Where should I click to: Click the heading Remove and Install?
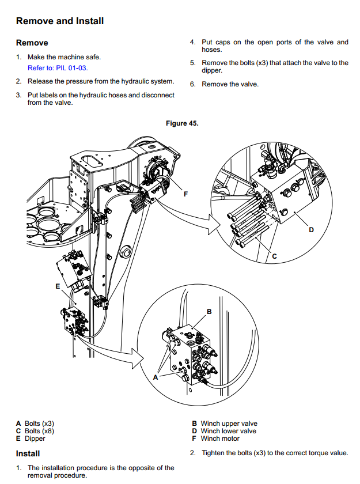pos(60,21)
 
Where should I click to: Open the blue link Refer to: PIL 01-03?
pos(58,68)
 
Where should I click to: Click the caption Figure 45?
pos(182,123)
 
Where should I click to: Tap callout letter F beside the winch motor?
pos(185,194)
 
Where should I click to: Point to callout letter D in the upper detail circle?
pos(311,230)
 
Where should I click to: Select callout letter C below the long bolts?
pos(275,256)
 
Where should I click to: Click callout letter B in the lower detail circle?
pos(209,312)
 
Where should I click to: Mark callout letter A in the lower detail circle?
pos(156,377)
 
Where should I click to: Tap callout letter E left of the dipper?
pos(58,286)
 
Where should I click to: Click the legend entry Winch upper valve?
pos(229,423)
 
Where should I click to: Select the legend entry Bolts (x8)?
pos(39,431)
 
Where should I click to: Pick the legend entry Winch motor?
pos(220,438)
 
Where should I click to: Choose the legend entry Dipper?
pos(35,438)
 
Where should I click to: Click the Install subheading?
pos(28,453)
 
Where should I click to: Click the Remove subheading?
pos(32,43)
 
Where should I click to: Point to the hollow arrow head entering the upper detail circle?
pos(214,224)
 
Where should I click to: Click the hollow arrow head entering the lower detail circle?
pos(137,358)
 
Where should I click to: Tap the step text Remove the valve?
pos(230,84)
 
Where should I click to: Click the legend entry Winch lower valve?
pos(228,431)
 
